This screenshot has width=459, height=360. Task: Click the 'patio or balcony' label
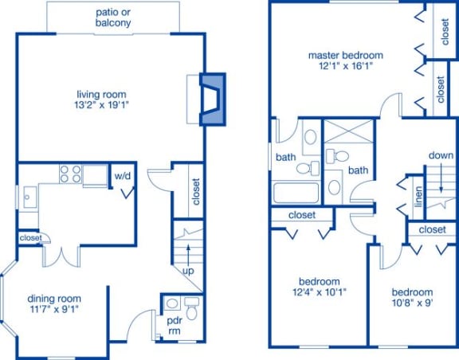tap(113, 18)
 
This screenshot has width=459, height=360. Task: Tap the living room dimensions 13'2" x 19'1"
tap(101, 105)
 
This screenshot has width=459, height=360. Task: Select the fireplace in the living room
tap(213, 100)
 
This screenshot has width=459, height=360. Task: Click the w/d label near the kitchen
tap(123, 176)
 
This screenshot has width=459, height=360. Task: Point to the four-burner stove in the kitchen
tap(70, 174)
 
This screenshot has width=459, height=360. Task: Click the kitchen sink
tap(30, 197)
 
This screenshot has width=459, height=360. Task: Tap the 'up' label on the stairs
tap(188, 271)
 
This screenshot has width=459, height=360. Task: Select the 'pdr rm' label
tap(175, 326)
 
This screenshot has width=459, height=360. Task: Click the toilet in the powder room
tap(192, 308)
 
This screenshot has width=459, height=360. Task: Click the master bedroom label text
tap(346, 55)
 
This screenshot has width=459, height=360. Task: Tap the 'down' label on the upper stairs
tap(441, 155)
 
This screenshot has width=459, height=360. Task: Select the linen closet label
tap(419, 197)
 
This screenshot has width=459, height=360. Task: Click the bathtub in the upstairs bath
tap(296, 192)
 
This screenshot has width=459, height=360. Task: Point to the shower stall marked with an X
tap(349, 131)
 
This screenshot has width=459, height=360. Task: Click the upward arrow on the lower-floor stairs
tap(188, 255)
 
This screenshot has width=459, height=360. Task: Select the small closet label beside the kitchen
tap(31, 238)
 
